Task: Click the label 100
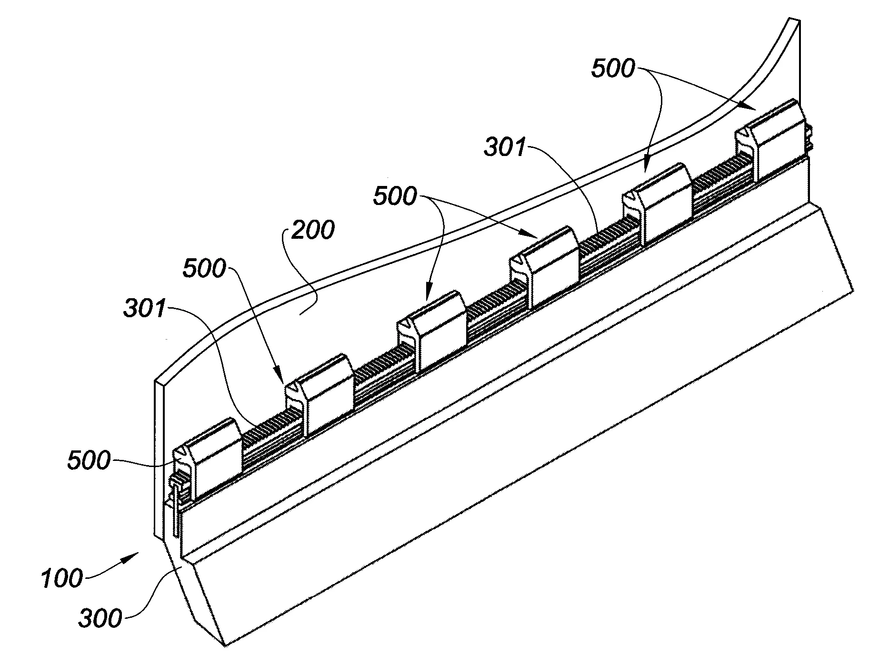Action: [61, 579]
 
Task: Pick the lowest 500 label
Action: [89, 460]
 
